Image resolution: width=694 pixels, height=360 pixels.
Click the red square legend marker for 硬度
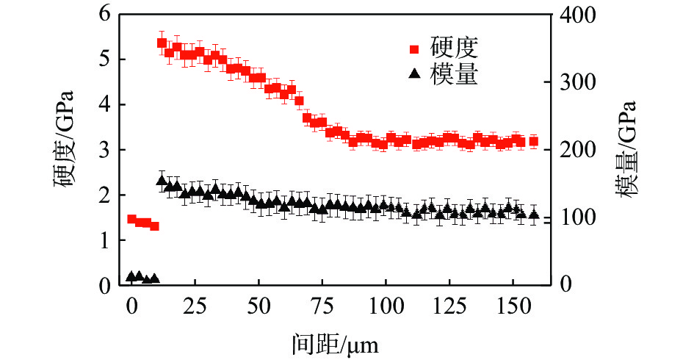(414, 49)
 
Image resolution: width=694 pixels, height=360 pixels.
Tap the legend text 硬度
(455, 49)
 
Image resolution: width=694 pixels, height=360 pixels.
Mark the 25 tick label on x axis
(195, 306)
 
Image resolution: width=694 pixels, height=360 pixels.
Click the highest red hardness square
(162, 43)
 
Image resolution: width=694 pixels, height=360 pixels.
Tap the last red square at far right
(533, 141)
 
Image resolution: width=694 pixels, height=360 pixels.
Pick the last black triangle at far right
(533, 214)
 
